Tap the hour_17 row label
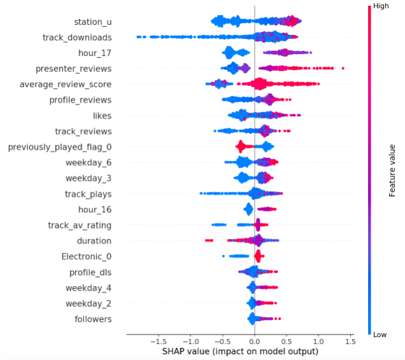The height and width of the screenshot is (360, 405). (x=95, y=53)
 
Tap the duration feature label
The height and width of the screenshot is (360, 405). (x=94, y=241)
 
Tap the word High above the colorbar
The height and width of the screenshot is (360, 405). (x=381, y=6)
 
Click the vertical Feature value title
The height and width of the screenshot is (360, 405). (x=392, y=169)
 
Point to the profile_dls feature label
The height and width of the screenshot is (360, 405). (x=90, y=273)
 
